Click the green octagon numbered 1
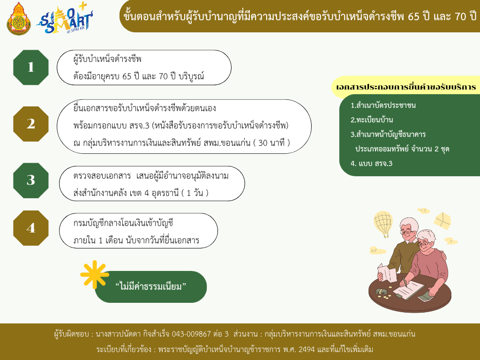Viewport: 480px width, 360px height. [x=31, y=67]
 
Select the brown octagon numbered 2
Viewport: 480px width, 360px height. [x=31, y=124]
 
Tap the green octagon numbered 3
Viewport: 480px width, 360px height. [x=31, y=180]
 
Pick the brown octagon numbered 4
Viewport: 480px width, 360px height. [x=31, y=228]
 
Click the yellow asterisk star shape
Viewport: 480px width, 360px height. [x=95, y=275]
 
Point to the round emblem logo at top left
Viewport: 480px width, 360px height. [x=19, y=19]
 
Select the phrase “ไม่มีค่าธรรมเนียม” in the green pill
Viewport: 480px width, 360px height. [x=150, y=286]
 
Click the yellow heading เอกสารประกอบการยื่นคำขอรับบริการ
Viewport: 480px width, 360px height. [x=406, y=87]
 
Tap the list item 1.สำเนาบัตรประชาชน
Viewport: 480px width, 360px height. [x=383, y=105]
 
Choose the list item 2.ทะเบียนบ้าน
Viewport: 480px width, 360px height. [x=372, y=120]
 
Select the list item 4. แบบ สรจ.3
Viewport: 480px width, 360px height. [x=371, y=164]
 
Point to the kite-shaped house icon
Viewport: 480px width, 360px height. [x=442, y=220]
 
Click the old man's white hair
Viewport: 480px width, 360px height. [x=409, y=224]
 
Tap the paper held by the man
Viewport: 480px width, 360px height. [x=387, y=272]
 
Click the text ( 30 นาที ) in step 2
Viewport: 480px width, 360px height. [x=271, y=142]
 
